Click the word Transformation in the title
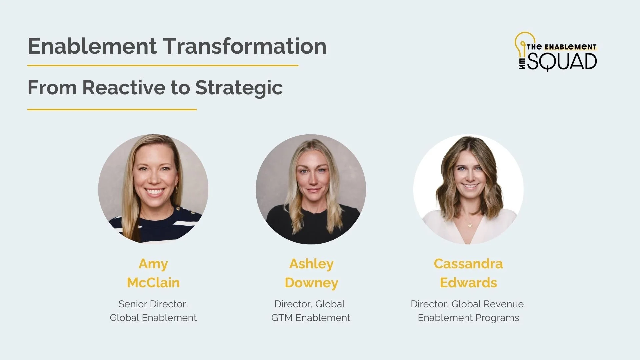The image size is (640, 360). (244, 46)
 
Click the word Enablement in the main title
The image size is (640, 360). (92, 46)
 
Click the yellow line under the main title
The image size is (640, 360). (163, 66)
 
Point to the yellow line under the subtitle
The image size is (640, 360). (112, 109)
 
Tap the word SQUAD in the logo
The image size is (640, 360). (563, 62)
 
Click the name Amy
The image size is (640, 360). (153, 264)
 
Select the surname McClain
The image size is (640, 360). (153, 283)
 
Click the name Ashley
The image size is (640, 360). (311, 264)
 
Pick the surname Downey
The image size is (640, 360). (311, 283)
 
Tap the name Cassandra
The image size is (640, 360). (468, 264)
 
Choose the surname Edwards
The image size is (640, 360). (468, 283)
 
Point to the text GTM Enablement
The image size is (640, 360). (310, 318)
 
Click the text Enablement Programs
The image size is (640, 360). (468, 318)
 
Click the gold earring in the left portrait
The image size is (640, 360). (176, 189)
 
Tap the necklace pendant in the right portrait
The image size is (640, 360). (470, 225)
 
